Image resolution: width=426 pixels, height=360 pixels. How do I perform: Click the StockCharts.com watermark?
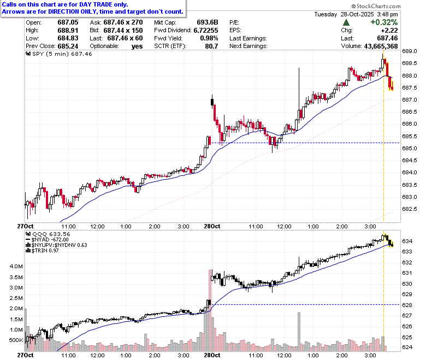376,6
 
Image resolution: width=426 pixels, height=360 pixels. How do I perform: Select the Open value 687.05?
68,22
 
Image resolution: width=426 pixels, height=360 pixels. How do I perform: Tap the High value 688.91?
68,30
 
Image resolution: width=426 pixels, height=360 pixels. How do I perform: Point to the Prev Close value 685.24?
68,46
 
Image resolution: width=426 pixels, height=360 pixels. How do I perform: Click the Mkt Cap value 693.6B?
208,22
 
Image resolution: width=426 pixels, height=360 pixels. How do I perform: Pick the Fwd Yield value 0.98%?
209,38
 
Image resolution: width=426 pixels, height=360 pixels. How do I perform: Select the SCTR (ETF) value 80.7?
212,46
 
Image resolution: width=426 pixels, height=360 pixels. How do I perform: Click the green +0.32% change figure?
384,22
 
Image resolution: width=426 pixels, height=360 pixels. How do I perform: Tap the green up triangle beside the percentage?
346,22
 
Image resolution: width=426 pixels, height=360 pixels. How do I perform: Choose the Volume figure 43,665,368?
381,46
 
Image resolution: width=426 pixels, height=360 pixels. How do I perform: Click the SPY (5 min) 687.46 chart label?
59,54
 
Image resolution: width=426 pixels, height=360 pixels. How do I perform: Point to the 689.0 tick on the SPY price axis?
410,51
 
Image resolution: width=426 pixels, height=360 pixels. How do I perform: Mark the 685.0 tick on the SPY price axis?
410,149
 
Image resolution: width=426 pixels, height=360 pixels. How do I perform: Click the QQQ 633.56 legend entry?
48,234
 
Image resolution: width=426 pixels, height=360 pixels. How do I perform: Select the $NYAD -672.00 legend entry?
47,240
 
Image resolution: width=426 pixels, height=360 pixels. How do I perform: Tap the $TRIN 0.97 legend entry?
42,251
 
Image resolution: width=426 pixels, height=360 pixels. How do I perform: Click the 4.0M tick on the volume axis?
16,266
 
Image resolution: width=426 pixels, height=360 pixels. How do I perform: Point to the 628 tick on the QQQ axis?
407,305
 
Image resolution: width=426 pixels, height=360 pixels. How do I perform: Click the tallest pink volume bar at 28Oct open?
210,310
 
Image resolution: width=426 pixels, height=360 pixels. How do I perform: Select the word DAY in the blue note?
86,4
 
